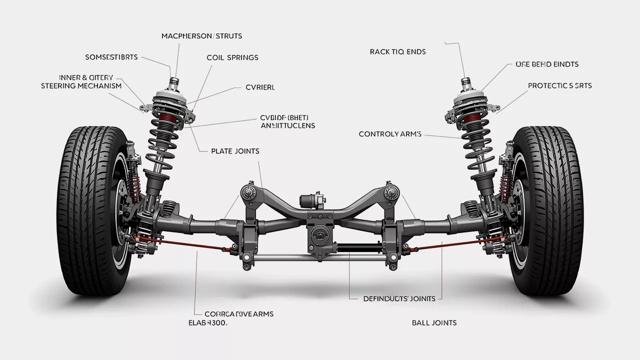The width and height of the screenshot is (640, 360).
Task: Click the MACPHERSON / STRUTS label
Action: tap(201, 36)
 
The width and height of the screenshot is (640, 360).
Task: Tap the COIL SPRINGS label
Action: tap(232, 57)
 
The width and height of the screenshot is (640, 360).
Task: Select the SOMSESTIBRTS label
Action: tap(111, 57)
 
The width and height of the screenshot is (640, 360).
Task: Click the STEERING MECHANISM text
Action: tap(81, 85)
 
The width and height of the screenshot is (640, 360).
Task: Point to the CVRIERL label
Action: tap(260, 87)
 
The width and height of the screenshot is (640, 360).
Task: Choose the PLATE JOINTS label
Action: tap(235, 151)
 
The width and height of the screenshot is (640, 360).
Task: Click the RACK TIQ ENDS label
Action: tap(398, 51)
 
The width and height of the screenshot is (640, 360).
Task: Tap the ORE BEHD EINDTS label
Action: tap(546, 64)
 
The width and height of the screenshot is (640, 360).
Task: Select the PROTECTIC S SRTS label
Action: tap(559, 85)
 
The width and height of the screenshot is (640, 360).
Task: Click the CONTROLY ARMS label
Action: tap(390, 134)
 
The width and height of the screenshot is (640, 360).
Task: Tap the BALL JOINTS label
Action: tap(434, 322)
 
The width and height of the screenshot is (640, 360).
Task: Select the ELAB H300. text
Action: tap(207, 323)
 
